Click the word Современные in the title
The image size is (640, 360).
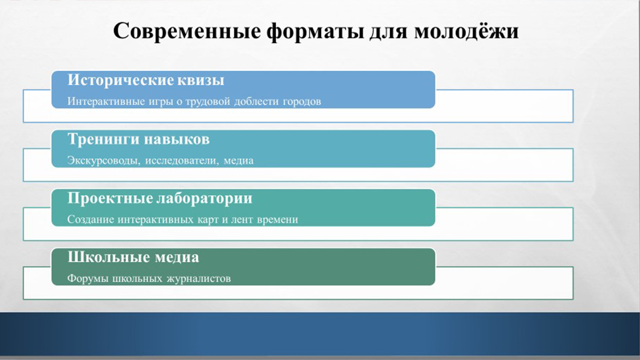[187, 31]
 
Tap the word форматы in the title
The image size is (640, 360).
[315, 31]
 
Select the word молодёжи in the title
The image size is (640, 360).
[467, 31]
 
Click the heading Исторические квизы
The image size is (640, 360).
[146, 80]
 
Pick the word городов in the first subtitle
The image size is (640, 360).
[302, 101]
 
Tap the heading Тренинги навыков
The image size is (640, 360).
[138, 139]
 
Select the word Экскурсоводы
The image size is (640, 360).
[104, 161]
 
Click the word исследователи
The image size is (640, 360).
[181, 161]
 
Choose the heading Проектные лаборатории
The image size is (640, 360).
[159, 198]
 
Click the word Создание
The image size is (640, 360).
[91, 220]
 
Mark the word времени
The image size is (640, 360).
[278, 220]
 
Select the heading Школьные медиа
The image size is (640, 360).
[133, 257]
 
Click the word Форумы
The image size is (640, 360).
[88, 279]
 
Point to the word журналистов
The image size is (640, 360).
[199, 279]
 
